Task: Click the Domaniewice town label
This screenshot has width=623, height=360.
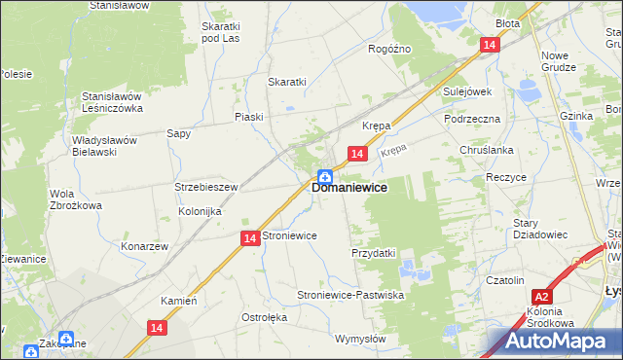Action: click(350, 188)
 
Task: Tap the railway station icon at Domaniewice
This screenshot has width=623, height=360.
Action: click(324, 177)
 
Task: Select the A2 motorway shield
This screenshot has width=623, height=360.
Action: click(543, 298)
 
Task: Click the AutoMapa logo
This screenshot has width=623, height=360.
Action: click(554, 342)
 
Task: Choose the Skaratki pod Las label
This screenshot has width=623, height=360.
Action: click(220, 32)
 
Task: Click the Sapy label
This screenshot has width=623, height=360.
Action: click(178, 133)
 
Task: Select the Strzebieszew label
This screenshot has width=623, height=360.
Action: click(206, 186)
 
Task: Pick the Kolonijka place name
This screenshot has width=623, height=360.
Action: click(201, 211)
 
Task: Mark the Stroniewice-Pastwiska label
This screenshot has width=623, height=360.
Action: click(350, 294)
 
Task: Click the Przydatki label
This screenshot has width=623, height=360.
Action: click(373, 253)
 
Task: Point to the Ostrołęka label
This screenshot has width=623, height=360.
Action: click(264, 318)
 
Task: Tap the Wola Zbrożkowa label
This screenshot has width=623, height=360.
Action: click(76, 199)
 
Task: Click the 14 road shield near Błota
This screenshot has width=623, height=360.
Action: click(490, 45)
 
